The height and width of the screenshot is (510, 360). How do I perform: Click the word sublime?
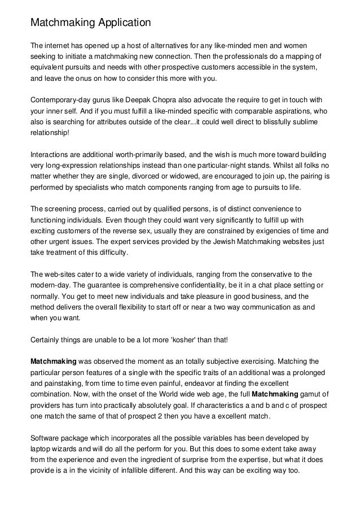pyautogui.click(x=307, y=120)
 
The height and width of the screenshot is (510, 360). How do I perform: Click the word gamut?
pyautogui.click(x=304, y=396)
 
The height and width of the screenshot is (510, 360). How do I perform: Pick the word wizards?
pyautogui.click(x=68, y=448)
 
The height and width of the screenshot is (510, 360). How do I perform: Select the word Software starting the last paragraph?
pyautogui.click(x=47, y=437)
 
